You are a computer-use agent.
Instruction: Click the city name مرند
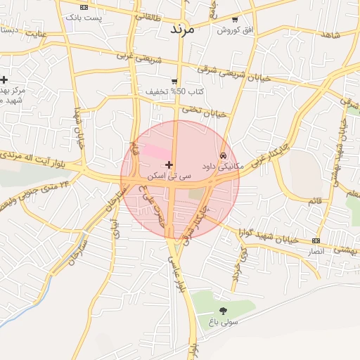tap(181, 30)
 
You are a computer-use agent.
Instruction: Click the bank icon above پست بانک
tap(84, 6)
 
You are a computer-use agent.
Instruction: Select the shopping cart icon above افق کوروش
tap(235, 20)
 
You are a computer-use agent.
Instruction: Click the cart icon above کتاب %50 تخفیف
tap(174, 82)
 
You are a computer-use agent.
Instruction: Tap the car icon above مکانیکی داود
tap(223, 155)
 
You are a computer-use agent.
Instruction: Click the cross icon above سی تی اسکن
tap(169, 164)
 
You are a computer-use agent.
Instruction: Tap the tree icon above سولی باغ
tap(224, 310)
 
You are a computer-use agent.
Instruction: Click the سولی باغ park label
tap(223, 322)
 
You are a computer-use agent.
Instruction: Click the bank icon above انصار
tap(316, 240)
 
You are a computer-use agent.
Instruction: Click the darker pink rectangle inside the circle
tap(156, 150)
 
